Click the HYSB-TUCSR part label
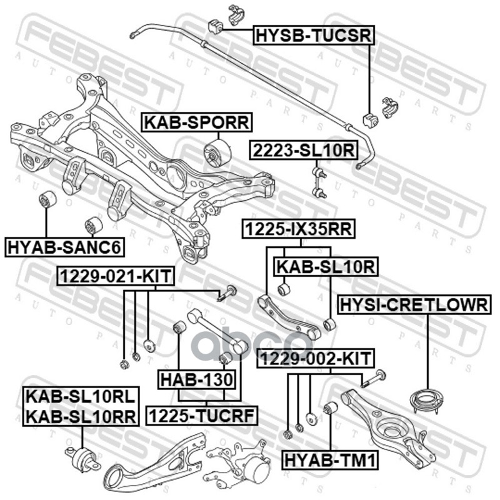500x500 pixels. (x=314, y=36)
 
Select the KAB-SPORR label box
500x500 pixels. (x=197, y=122)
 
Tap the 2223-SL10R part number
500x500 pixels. (x=304, y=150)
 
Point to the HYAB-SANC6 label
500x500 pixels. (x=64, y=247)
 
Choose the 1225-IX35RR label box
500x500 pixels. (x=299, y=229)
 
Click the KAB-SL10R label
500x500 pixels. (x=326, y=267)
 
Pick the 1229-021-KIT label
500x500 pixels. (x=116, y=276)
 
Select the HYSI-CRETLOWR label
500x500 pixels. (x=414, y=304)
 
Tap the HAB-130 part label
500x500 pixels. (x=197, y=379)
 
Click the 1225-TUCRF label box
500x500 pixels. (x=201, y=416)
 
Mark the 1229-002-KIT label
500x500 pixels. (x=316, y=358)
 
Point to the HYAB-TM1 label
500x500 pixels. (x=330, y=460)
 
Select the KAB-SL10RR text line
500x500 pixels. (x=81, y=416)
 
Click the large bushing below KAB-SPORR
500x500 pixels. (x=217, y=153)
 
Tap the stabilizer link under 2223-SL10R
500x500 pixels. (x=319, y=180)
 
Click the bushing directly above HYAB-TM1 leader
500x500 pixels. (x=331, y=409)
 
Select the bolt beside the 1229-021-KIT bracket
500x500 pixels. (x=227, y=293)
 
